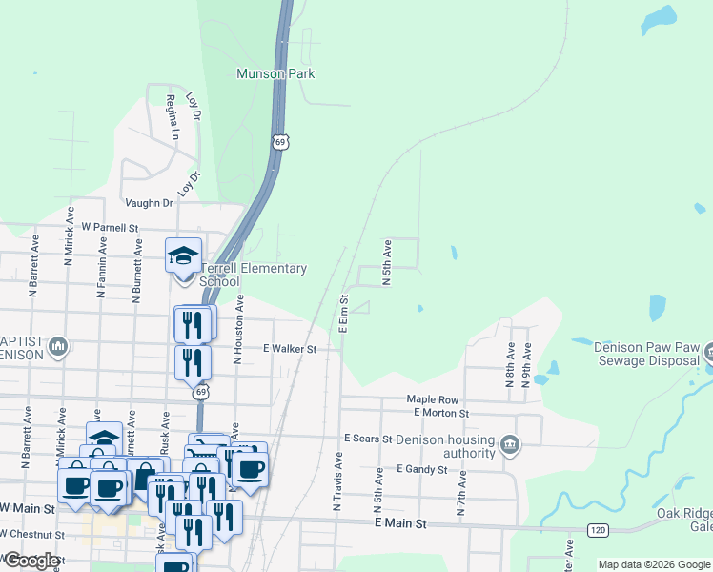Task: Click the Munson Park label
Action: tap(275, 73)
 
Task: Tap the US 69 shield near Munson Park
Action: tap(279, 142)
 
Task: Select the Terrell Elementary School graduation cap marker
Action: tap(183, 255)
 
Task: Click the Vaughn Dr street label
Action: tap(149, 203)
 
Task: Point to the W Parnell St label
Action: tap(110, 228)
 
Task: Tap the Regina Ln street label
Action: tap(173, 117)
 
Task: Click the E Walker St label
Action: tap(289, 349)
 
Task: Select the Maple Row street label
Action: tap(433, 399)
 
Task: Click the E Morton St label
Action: tap(441, 413)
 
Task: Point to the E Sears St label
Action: tap(368, 439)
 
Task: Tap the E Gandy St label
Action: tap(418, 469)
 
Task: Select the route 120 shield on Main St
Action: tap(598, 529)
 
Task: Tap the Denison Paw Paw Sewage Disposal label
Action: tap(648, 354)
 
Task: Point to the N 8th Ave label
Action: tap(511, 363)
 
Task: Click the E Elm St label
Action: tap(343, 314)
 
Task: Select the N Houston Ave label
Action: tap(238, 329)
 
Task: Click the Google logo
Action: tap(31, 561)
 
